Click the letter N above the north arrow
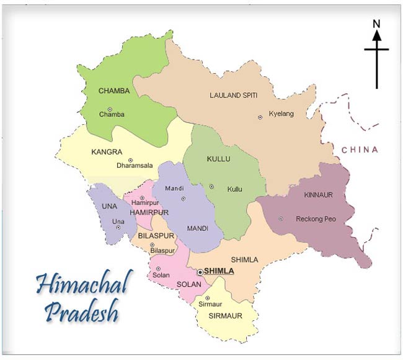click(x=376, y=24)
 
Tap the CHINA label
click(x=360, y=150)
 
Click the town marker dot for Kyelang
click(x=260, y=117)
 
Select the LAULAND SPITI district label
click(x=233, y=95)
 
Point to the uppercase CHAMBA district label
click(x=114, y=91)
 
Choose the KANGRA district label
click(x=107, y=151)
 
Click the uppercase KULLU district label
click(x=218, y=159)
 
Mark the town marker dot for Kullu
click(x=211, y=186)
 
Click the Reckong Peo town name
click(x=316, y=218)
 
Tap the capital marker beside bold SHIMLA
click(x=200, y=272)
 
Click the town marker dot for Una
click(x=118, y=228)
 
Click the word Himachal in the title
click(x=81, y=285)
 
